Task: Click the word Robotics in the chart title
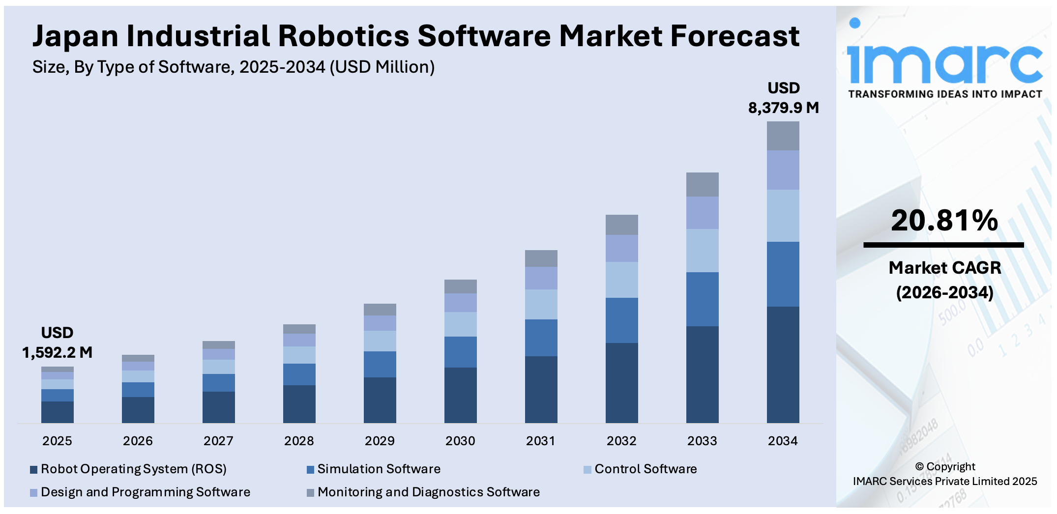click(343, 36)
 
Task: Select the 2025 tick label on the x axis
click(57, 441)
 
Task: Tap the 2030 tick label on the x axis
click(460, 441)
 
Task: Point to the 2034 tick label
click(783, 441)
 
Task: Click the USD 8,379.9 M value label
click(783, 98)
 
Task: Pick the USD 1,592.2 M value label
click(58, 343)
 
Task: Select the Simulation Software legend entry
click(379, 469)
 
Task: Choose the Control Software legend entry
click(645, 469)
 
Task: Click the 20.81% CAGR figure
click(944, 221)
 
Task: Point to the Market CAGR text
click(944, 268)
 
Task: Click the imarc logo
click(944, 64)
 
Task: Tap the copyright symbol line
click(945, 467)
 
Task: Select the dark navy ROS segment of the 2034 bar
click(783, 365)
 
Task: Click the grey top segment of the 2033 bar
click(702, 185)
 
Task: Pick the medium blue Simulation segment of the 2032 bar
click(621, 320)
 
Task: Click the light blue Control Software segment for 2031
click(541, 304)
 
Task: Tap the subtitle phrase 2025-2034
click(282, 67)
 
